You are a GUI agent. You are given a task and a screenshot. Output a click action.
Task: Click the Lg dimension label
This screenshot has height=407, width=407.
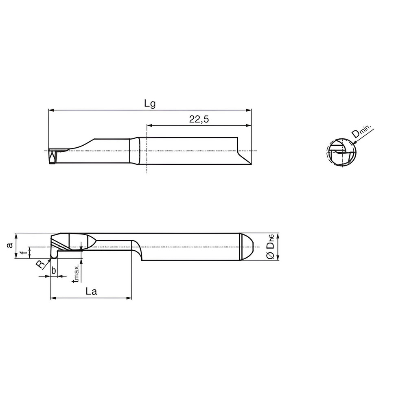point(150,104)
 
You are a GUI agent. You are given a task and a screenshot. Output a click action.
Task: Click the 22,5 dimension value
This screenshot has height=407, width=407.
point(199,119)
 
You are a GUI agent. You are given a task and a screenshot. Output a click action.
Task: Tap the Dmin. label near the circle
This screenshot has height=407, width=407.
point(362,133)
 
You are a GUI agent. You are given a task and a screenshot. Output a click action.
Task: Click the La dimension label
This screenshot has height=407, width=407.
point(91,291)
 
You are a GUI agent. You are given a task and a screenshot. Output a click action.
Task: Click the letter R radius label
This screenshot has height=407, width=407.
point(39,265)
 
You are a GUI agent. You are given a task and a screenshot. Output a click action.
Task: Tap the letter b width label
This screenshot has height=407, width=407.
point(53,271)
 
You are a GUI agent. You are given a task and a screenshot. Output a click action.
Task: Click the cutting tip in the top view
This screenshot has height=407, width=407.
point(52,157)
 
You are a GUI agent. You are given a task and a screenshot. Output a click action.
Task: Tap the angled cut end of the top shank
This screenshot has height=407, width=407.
point(244,157)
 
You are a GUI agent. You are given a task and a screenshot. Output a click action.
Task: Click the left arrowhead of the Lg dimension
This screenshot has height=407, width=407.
point(50,110)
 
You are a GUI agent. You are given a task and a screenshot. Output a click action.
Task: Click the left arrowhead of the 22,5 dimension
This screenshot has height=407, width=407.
point(149,125)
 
